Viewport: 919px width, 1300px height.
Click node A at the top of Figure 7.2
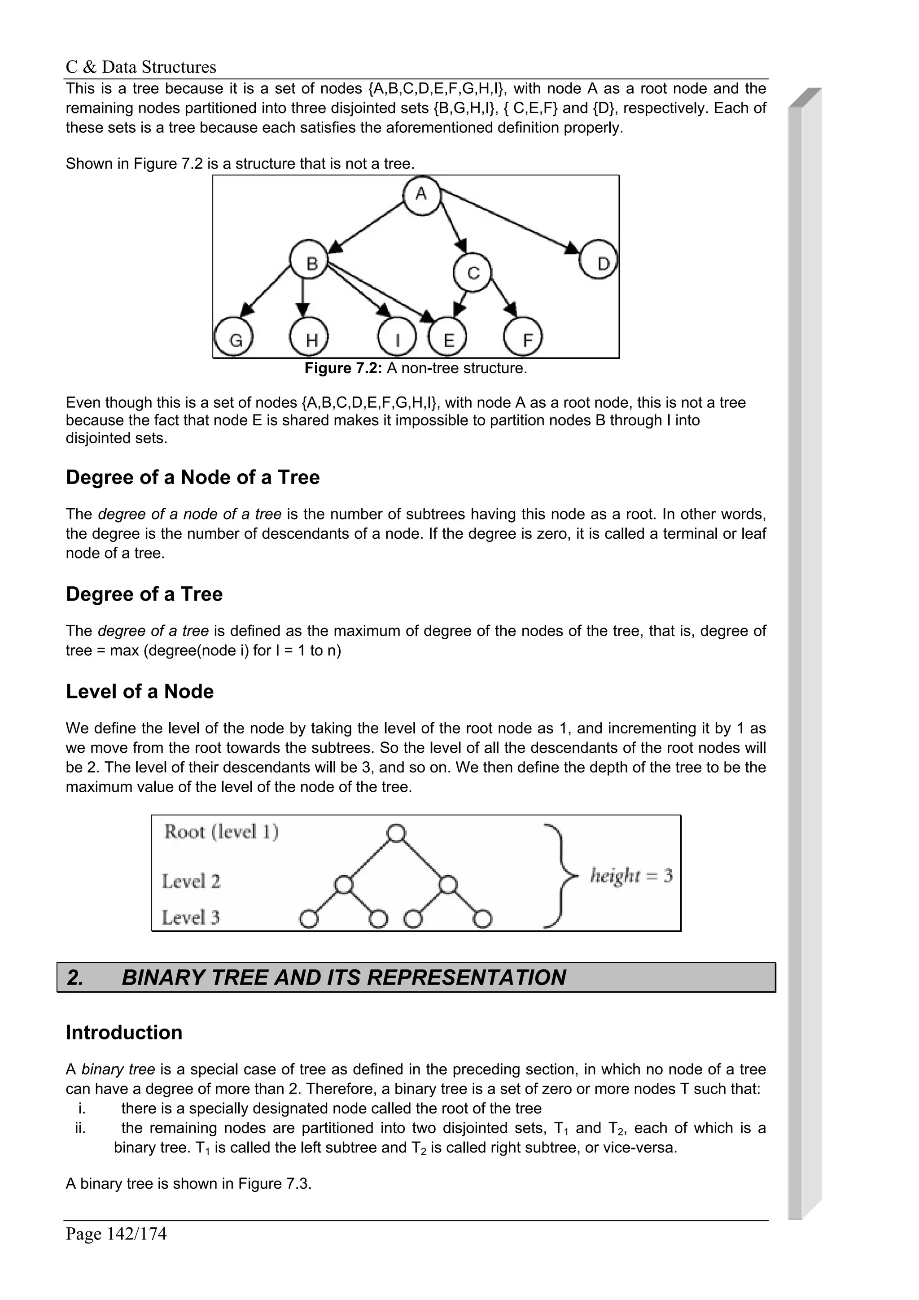point(422,195)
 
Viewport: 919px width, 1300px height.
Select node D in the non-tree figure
point(599,264)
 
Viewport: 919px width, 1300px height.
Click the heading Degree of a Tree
point(144,594)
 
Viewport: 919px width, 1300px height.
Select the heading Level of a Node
point(140,691)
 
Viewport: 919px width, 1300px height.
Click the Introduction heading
point(124,1032)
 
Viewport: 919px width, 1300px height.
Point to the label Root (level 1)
point(221,832)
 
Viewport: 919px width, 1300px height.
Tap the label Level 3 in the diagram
point(191,917)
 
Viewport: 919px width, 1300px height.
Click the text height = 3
point(631,876)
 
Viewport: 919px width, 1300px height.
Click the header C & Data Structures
point(141,67)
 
